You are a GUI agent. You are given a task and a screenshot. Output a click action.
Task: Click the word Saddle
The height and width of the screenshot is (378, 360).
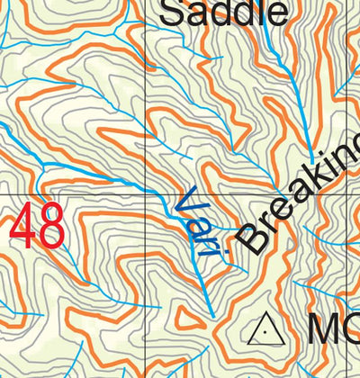point(225,12)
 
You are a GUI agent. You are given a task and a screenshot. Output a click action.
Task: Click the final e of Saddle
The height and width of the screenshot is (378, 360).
point(277,14)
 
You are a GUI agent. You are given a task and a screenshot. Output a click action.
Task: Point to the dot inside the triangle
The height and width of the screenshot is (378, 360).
point(265,332)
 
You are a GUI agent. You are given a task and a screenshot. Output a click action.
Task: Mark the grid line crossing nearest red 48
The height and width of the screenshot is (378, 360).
point(147,193)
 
